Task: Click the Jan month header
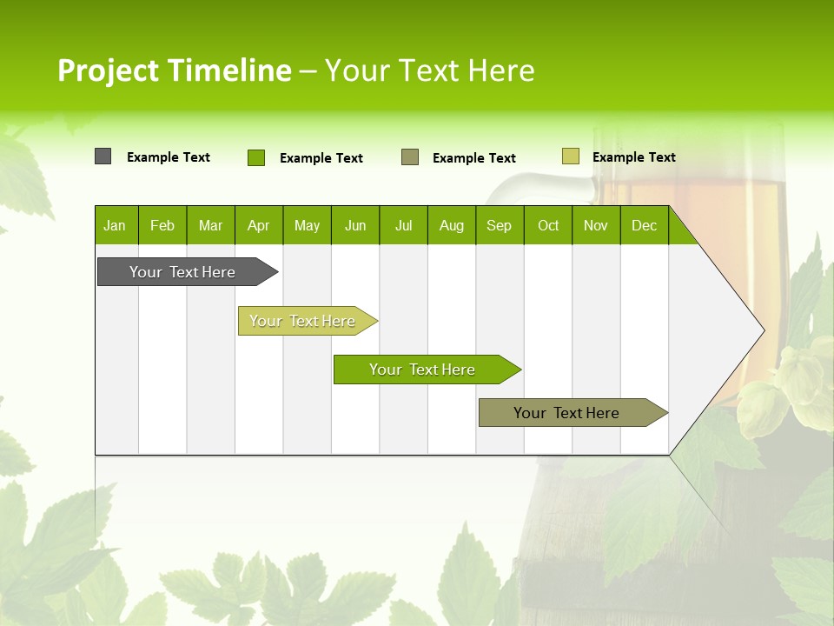[x=116, y=225]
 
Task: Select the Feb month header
[x=162, y=225]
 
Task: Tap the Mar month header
[x=210, y=225]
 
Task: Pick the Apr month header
[x=259, y=225]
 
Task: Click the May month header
[x=307, y=225]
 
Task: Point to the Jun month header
[x=355, y=225]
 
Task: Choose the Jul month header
[x=403, y=225]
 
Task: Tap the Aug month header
[x=452, y=225]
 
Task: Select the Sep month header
[x=500, y=225]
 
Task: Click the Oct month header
[x=548, y=225]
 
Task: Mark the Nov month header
[x=596, y=225]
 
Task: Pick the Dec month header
[x=645, y=225]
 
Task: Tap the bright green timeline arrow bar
[x=423, y=370]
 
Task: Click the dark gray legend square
[x=103, y=156]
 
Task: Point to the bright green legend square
[x=256, y=157]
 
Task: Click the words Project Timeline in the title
[x=175, y=70]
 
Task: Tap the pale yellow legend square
[x=570, y=156]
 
